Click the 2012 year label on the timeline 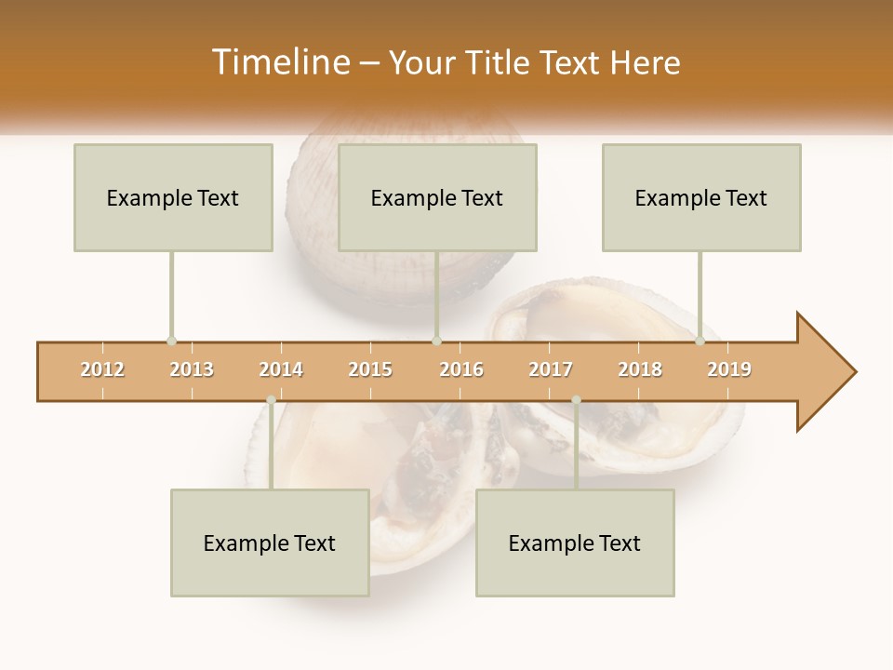tap(102, 369)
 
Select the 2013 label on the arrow tap(192, 369)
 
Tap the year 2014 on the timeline tap(281, 369)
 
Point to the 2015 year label tap(370, 369)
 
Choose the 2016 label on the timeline tap(461, 369)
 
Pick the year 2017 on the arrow tap(551, 369)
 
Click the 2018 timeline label tap(640, 369)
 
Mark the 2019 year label tap(729, 369)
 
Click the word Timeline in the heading tap(279, 62)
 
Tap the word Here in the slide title tap(645, 62)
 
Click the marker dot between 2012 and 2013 tap(171, 341)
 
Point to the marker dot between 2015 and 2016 tap(436, 341)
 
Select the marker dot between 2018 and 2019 tap(700, 341)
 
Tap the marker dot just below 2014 tap(271, 400)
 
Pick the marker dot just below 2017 tap(576, 400)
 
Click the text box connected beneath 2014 tap(270, 543)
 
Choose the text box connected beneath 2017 tap(575, 543)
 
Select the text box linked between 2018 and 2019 tap(701, 197)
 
